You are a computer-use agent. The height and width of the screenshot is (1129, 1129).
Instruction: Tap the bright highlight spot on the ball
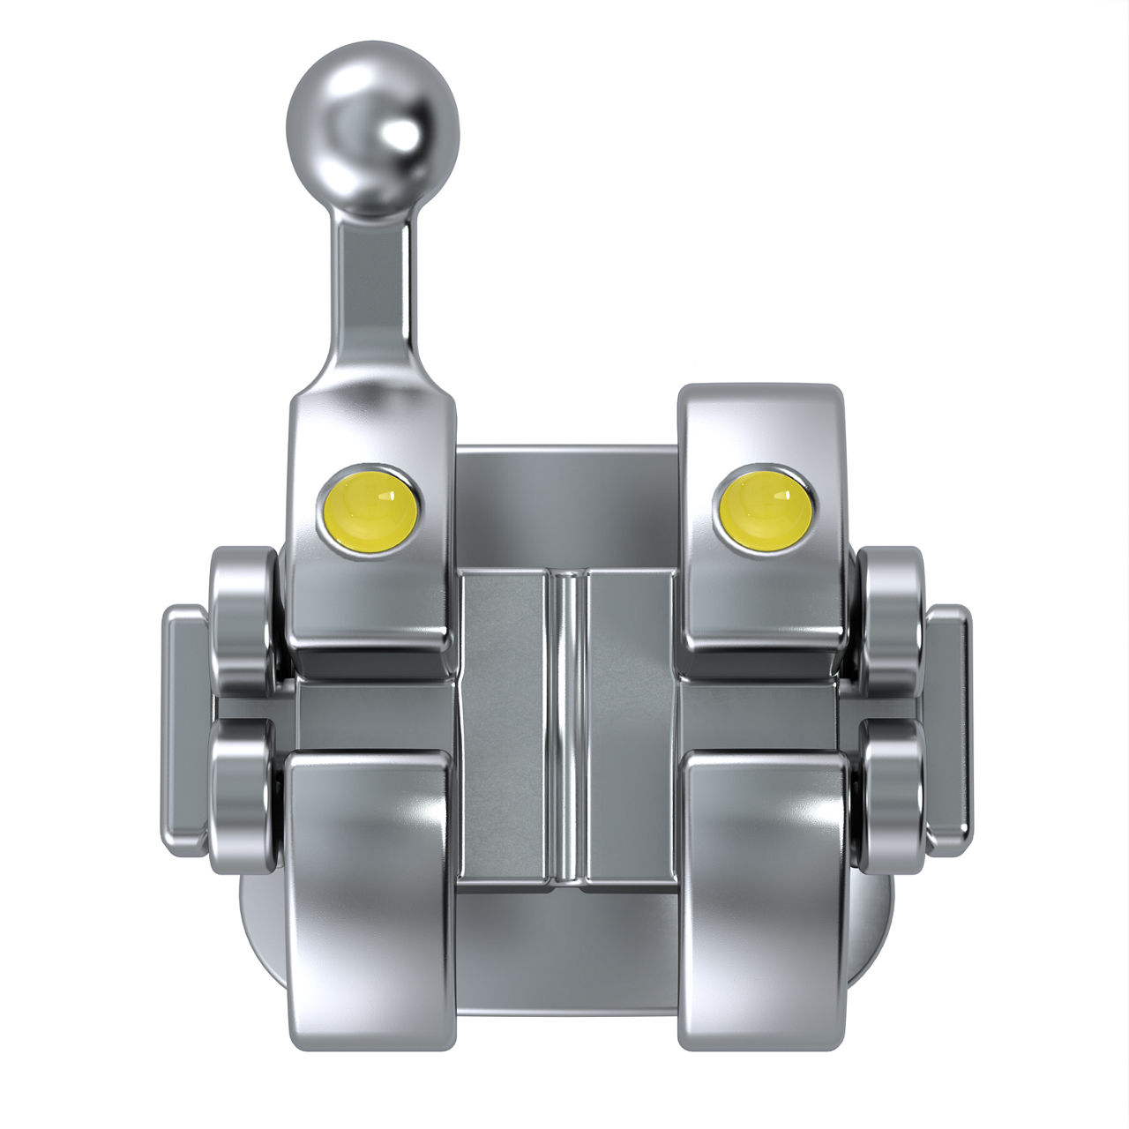pyautogui.click(x=400, y=135)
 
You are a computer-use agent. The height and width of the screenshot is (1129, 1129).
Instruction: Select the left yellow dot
pyautogui.click(x=370, y=505)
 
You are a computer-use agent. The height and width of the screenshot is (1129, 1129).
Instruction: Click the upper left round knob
pyautogui.click(x=243, y=617)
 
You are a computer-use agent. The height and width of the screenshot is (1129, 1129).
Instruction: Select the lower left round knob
pyautogui.click(x=243, y=794)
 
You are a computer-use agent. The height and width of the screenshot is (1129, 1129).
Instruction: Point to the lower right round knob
pyautogui.click(x=891, y=794)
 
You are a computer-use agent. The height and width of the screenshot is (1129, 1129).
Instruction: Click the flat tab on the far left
pyautogui.click(x=183, y=723)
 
